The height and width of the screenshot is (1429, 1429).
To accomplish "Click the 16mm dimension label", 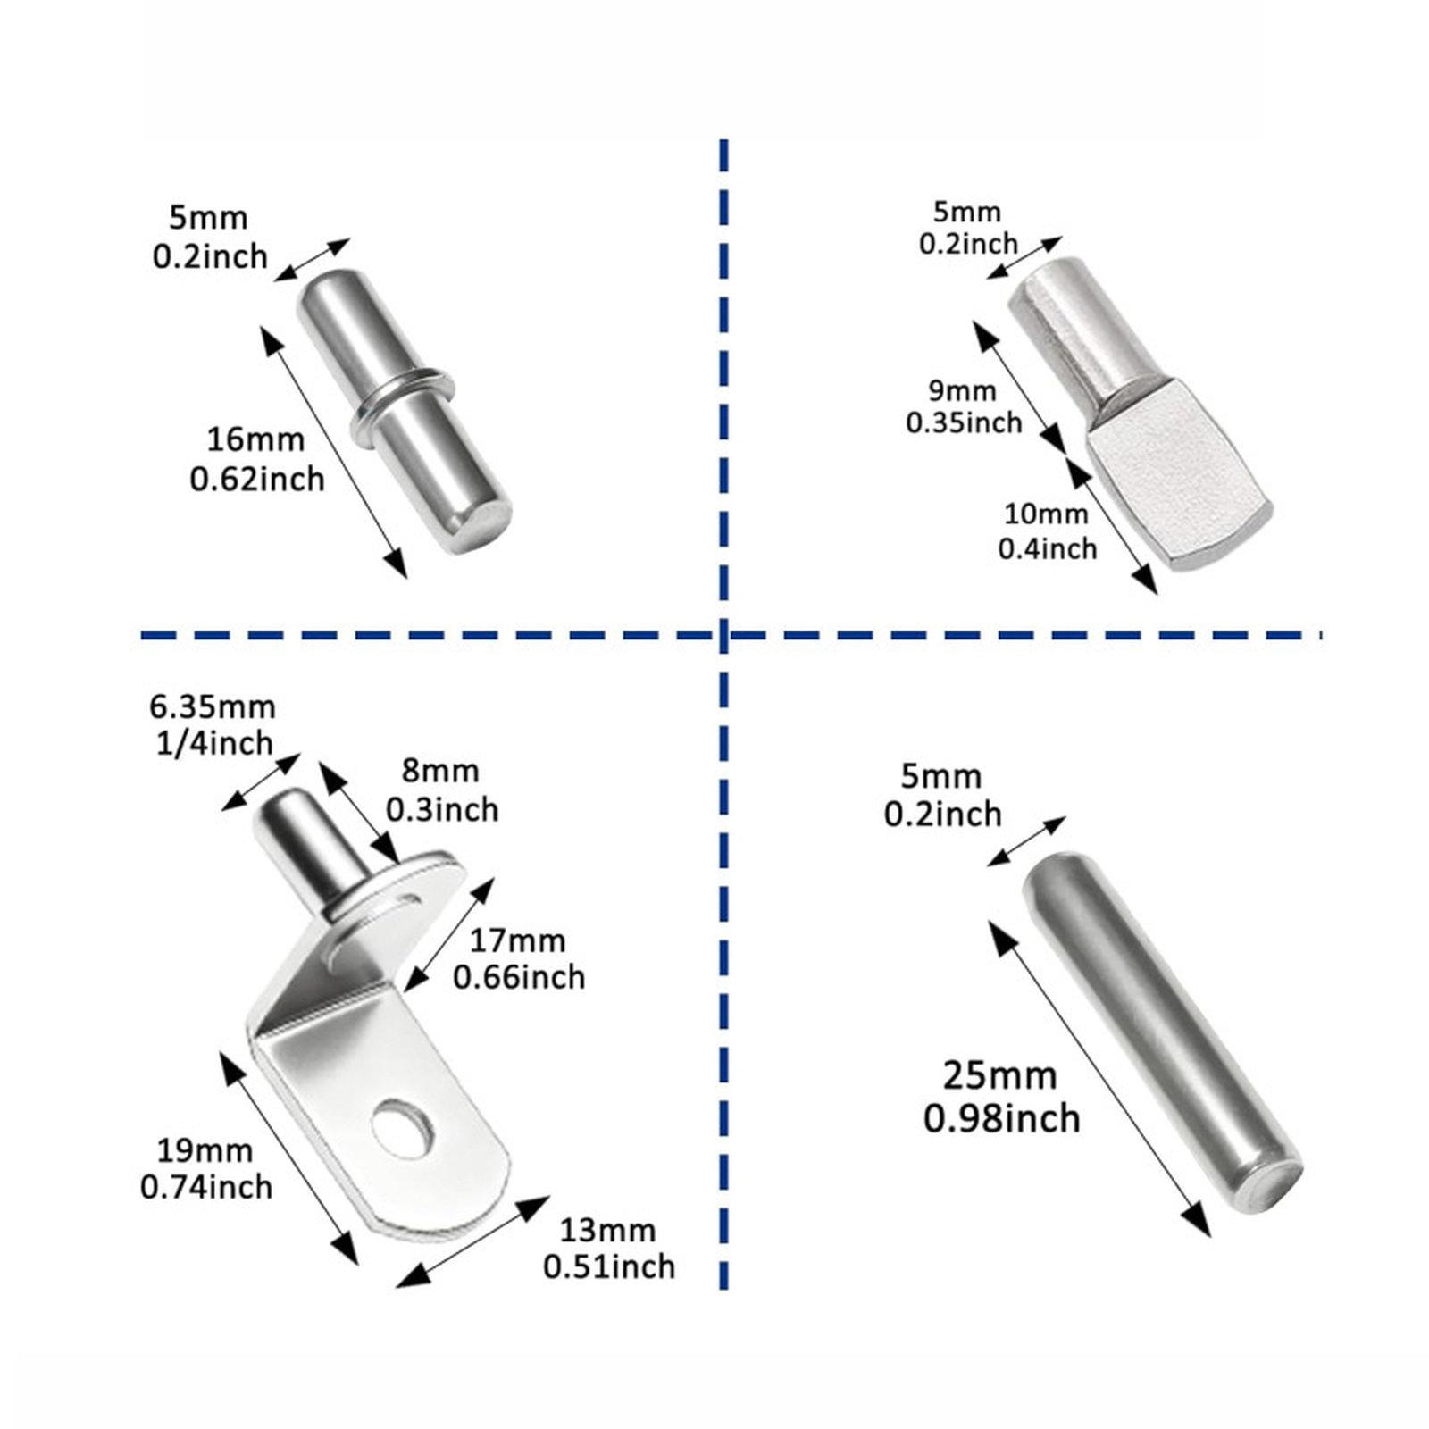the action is [x=255, y=440].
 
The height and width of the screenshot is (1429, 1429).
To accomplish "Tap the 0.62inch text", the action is [x=257, y=480].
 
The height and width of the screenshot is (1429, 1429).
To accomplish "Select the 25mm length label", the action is [x=1000, y=1076].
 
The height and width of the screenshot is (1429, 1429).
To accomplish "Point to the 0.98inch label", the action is [x=1001, y=1118].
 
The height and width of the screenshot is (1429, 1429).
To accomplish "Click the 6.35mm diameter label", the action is [x=212, y=707].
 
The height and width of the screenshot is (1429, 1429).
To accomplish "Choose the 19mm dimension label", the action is [x=205, y=1152].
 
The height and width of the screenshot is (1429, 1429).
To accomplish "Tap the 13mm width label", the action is [x=607, y=1231].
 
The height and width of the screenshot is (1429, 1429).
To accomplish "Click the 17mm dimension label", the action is [x=518, y=940].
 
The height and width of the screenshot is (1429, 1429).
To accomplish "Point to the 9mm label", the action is [x=963, y=390].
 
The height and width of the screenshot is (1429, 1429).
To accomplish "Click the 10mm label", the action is [x=1046, y=514].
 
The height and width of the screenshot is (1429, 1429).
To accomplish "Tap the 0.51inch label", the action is [x=609, y=1266].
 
